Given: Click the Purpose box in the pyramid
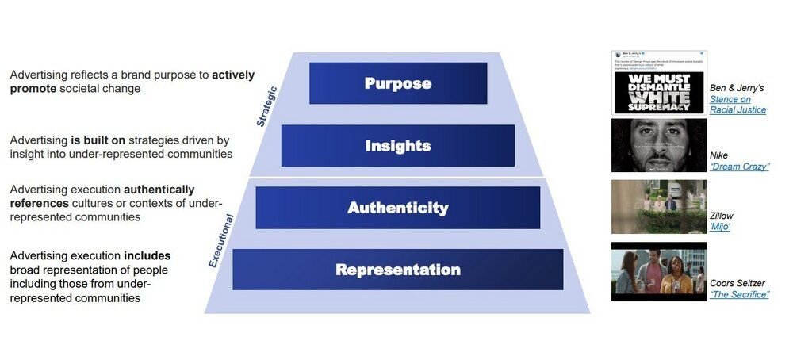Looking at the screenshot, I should coord(398,83).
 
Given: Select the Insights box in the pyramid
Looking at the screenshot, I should coord(398,146).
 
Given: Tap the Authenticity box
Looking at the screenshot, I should coord(398,208).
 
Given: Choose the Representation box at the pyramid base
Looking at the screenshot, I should coord(398,270).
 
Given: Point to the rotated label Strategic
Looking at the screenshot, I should coord(267,107).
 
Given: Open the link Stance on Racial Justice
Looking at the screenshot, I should coord(737,105).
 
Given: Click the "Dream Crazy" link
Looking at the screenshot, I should coord(739,167).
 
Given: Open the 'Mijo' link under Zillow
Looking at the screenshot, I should coord(720,227).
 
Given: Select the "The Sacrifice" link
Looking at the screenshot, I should coord(739,294).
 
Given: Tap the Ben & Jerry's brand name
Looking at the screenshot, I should coord(737,88).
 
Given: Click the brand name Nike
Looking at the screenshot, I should coord(718,155).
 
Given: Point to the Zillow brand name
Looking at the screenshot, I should coord(722,216).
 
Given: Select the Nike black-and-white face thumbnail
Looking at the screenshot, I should coord(658,146).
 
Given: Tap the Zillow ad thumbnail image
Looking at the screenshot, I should coord(658,207).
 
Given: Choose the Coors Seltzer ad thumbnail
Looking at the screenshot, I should coord(658,272).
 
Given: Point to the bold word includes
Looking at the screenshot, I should coord(147,256).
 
